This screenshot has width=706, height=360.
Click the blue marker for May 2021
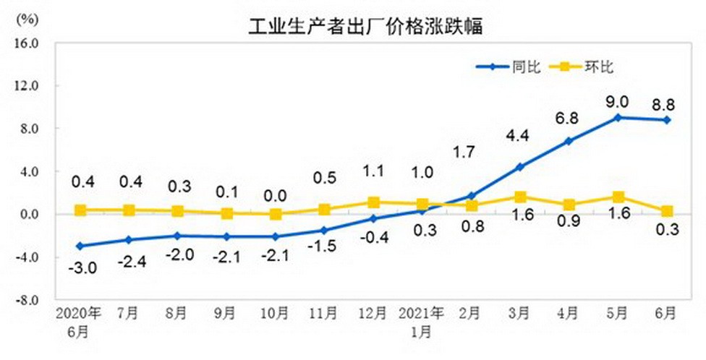[617, 117]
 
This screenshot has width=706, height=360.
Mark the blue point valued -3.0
[80, 246]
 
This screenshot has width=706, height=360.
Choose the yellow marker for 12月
[373, 202]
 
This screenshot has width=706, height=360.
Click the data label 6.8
[568, 117]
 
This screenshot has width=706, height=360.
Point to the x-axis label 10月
[274, 314]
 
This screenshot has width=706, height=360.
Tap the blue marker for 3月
[519, 167]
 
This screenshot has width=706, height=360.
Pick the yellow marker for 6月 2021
[665, 211]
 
